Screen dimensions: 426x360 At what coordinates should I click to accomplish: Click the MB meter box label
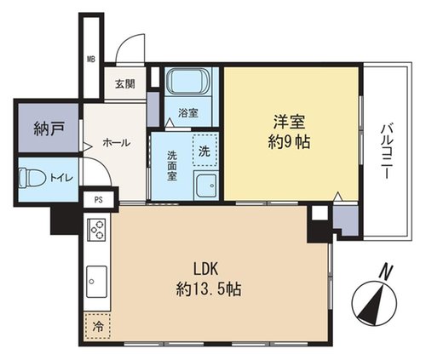91,60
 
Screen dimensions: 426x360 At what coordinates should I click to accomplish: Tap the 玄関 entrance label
125,84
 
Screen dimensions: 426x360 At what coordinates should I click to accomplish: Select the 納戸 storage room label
49,129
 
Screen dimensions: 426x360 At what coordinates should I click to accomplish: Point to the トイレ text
61,178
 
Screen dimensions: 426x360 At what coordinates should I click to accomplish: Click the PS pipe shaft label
99,200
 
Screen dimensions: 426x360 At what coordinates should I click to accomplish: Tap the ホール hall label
117,143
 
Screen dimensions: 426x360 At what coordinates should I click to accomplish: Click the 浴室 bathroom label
188,113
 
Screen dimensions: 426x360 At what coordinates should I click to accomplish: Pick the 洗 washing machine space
204,150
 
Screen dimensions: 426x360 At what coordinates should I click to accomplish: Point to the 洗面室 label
172,166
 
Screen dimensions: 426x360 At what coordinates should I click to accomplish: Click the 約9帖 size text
289,141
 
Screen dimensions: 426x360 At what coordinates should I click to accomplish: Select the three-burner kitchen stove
96,230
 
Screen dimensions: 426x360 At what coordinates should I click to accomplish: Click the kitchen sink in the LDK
96,282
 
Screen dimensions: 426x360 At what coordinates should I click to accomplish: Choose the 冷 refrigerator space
97,326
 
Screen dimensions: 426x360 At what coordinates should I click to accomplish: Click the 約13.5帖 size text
209,289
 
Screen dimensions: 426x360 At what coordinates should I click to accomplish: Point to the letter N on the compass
386,272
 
